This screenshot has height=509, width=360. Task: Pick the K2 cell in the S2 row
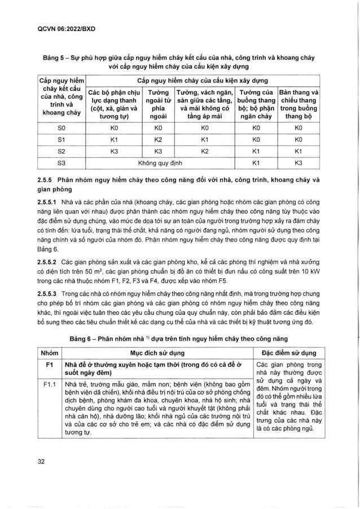(205, 151)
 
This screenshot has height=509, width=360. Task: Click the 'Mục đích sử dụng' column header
(159, 353)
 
